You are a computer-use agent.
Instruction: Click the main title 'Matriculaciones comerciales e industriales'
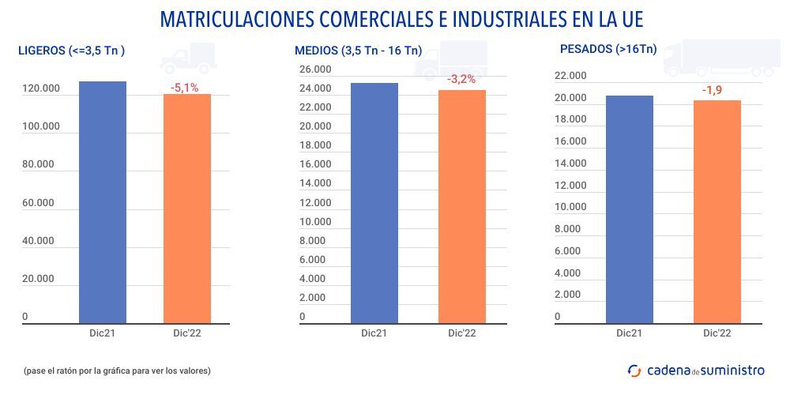pos(395,19)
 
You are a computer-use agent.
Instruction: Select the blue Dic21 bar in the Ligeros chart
pos(103,201)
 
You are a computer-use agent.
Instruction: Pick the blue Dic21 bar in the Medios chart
pos(374,202)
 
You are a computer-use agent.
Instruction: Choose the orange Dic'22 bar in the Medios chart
pos(461,206)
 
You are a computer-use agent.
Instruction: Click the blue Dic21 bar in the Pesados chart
pos(630,209)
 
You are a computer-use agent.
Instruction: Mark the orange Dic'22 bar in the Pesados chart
pos(717,211)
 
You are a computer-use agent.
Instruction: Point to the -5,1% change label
pos(185,88)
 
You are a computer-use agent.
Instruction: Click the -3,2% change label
pos(461,80)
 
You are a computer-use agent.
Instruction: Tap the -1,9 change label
pos(712,90)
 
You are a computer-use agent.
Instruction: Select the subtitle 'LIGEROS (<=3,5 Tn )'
pos(72,51)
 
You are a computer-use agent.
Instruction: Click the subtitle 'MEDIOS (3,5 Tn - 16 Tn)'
pos(358,51)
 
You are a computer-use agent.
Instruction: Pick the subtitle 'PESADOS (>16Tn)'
pos(608,49)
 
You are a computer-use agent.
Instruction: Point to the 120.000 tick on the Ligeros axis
pos(41,88)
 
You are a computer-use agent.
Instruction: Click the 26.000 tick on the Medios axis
pos(315,70)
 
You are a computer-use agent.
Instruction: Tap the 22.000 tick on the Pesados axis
pos(570,76)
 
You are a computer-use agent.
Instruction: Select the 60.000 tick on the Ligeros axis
pos(38,203)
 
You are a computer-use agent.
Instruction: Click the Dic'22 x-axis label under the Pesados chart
pos(717,333)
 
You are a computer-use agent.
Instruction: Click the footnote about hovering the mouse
pos(117,370)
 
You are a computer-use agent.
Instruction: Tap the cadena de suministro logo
pos(695,370)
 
